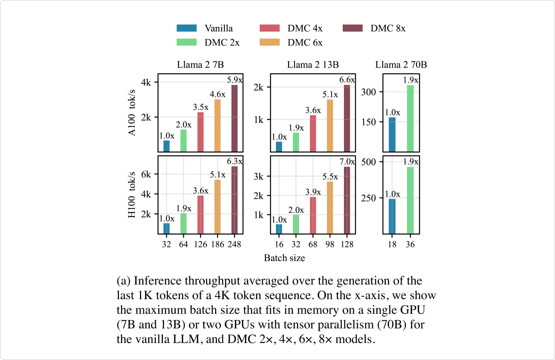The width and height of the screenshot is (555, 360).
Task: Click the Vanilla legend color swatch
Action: [x=187, y=28]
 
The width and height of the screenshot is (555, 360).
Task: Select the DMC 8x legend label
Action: [x=388, y=28]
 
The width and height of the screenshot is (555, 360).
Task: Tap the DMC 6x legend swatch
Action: [x=270, y=42]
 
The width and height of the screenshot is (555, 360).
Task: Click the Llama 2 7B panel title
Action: [x=200, y=65]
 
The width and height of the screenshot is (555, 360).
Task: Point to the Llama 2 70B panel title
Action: [x=401, y=65]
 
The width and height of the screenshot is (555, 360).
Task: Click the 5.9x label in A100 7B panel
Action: [x=234, y=80]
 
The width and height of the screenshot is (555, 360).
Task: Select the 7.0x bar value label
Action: [x=347, y=162]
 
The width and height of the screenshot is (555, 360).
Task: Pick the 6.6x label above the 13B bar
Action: [x=347, y=80]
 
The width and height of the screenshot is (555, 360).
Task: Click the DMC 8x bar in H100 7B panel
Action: [x=234, y=200]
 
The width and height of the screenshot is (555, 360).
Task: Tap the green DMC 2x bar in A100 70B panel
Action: [x=410, y=119]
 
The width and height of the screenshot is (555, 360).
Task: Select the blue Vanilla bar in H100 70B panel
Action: [x=392, y=216]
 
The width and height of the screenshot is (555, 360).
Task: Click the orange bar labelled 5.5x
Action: [x=330, y=207]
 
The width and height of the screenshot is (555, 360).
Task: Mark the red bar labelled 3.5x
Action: [x=200, y=132]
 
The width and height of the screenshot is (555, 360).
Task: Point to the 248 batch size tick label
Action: [x=234, y=244]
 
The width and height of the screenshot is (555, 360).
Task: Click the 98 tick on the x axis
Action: [x=330, y=244]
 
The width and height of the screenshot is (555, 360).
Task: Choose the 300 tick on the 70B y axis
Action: [x=368, y=92]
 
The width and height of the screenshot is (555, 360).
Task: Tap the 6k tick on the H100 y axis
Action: [x=146, y=174]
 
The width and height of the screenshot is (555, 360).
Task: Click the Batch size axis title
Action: [x=284, y=258]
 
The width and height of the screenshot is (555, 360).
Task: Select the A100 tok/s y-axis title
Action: [x=132, y=113]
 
